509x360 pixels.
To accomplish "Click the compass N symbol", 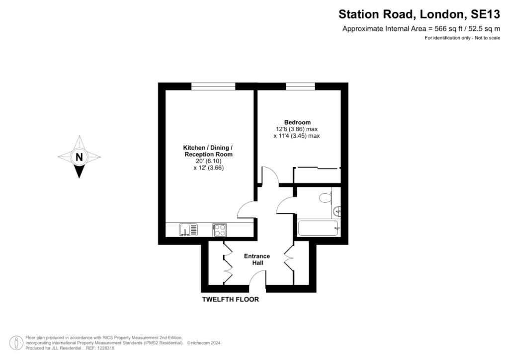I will click(x=79, y=157).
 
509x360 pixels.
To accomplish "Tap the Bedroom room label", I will click(x=297, y=122).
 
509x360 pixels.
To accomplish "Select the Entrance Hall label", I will click(x=256, y=260).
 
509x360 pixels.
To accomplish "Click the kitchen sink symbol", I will click(x=188, y=230).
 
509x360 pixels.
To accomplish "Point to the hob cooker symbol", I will click(x=219, y=230).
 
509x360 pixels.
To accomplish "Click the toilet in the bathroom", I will click(x=326, y=198).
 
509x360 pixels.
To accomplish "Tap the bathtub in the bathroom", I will click(x=318, y=229).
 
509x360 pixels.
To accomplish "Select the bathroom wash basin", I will click(x=337, y=211).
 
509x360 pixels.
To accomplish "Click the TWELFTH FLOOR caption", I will click(x=230, y=300).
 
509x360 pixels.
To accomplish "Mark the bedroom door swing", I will click(x=268, y=176).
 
